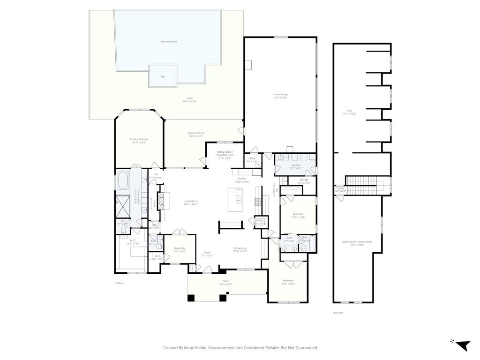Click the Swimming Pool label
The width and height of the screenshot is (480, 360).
click(x=169, y=42)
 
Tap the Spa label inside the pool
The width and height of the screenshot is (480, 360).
click(x=163, y=76)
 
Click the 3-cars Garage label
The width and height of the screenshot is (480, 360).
click(x=281, y=95)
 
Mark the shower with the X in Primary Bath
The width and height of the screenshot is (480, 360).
click(x=124, y=205)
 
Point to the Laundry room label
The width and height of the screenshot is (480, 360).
click(x=296, y=165)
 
